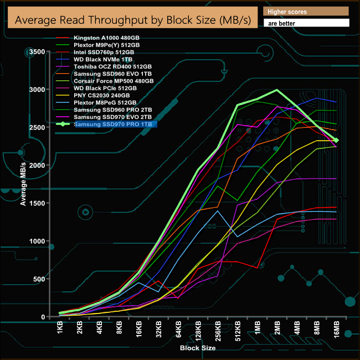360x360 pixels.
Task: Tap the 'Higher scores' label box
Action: tap(306, 12)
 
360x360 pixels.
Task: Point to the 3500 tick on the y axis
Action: tap(36, 52)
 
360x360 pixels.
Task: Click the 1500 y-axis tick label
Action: tap(36, 203)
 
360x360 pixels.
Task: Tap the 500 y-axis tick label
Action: tap(38, 279)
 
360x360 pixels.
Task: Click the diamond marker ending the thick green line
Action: tap(336, 140)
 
